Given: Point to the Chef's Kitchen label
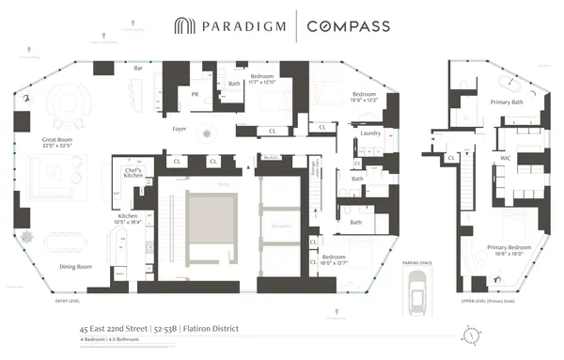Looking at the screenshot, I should click(x=126, y=173).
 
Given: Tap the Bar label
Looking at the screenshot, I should click(x=138, y=69).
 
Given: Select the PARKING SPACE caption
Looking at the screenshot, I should click(x=416, y=266).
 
